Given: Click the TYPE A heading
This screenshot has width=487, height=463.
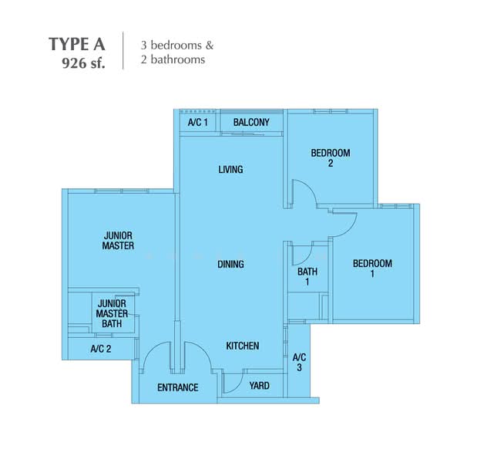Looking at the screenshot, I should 77,42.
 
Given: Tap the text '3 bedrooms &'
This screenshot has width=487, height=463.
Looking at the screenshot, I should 176,45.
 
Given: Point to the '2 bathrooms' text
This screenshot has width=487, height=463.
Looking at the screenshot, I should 173,59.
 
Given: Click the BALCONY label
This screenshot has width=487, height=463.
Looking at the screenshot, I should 251,123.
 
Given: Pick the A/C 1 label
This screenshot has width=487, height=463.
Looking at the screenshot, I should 197,123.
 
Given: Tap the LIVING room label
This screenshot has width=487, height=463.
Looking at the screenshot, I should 230,170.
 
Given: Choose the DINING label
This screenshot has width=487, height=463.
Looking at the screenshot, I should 230,265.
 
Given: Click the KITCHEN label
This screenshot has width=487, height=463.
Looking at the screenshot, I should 242,346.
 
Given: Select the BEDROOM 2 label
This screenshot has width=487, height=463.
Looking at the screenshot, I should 331,157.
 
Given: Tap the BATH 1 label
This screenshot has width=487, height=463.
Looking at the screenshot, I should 307,277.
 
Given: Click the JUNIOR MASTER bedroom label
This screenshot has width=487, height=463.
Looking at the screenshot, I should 118,241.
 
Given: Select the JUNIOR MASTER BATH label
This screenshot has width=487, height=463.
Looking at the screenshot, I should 112,314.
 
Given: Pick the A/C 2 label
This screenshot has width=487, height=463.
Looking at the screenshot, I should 101,349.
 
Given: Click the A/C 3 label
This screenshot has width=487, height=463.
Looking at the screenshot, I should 299,362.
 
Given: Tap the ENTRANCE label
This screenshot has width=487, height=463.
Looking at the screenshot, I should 178,387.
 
